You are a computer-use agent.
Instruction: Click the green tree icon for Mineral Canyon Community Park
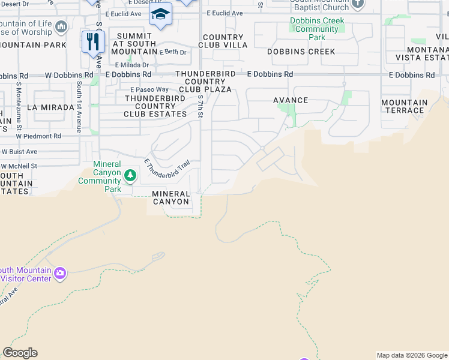pyautogui.click(x=130, y=176)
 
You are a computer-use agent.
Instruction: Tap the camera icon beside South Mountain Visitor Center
pyautogui.click(x=59, y=274)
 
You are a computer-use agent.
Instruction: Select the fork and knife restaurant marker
pyautogui.click(x=93, y=41)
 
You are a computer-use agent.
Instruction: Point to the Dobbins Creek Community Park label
pyautogui.click(x=318, y=29)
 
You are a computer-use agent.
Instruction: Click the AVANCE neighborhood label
pyautogui.click(x=291, y=100)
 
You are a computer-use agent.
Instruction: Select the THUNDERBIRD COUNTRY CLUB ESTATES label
pyautogui.click(x=156, y=106)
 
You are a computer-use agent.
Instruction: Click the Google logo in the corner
pyautogui.click(x=20, y=353)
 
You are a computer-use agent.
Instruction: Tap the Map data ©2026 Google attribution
pyautogui.click(x=411, y=355)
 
